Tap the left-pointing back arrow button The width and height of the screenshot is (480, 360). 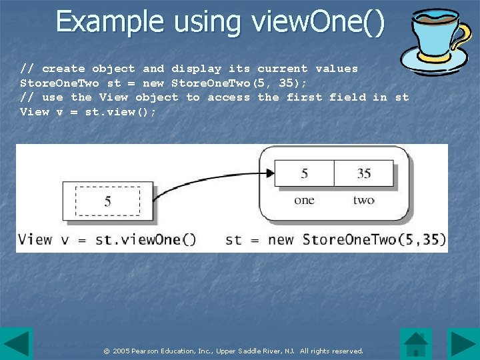click(16, 343)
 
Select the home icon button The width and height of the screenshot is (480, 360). click(416, 343)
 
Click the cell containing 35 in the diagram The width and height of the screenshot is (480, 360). click(363, 173)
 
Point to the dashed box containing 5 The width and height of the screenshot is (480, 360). click(107, 201)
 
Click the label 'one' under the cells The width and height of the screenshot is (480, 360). click(304, 200)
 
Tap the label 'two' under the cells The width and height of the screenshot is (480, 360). click(363, 200)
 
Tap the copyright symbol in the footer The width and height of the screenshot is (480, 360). click(106, 351)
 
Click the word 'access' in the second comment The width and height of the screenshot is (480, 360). click(229, 97)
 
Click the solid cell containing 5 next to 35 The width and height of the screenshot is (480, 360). click(304, 173)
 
